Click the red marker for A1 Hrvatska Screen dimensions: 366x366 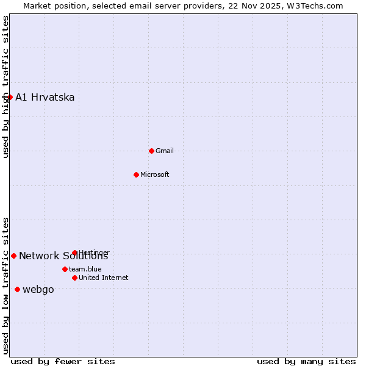[10, 97]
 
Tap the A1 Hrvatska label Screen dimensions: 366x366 [45, 98]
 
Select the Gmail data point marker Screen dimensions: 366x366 [151, 151]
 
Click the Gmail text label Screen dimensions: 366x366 [165, 151]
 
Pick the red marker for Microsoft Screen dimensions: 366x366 [136, 174]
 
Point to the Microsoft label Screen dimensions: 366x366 [155, 175]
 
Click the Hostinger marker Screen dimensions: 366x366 [74, 253]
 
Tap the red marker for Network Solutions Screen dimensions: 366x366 [13, 256]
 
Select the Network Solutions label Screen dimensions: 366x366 [63, 256]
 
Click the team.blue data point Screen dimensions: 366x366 [65, 269]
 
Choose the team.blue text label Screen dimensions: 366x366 [85, 270]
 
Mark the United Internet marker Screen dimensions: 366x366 [74, 278]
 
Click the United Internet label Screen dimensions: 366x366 [104, 278]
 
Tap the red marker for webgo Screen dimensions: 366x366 [17, 289]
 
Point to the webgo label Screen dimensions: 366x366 [38, 290]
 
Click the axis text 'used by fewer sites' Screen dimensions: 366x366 [63, 361]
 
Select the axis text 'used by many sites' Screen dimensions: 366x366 [306, 361]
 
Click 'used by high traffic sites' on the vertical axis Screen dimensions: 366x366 [5, 87]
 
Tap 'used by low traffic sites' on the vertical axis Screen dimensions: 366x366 [5, 285]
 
